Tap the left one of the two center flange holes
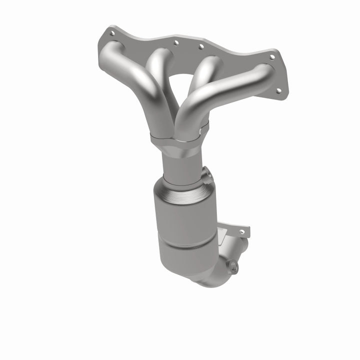click(x=175, y=43)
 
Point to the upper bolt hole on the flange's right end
click(x=272, y=57)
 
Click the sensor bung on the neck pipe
click(x=206, y=175)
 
